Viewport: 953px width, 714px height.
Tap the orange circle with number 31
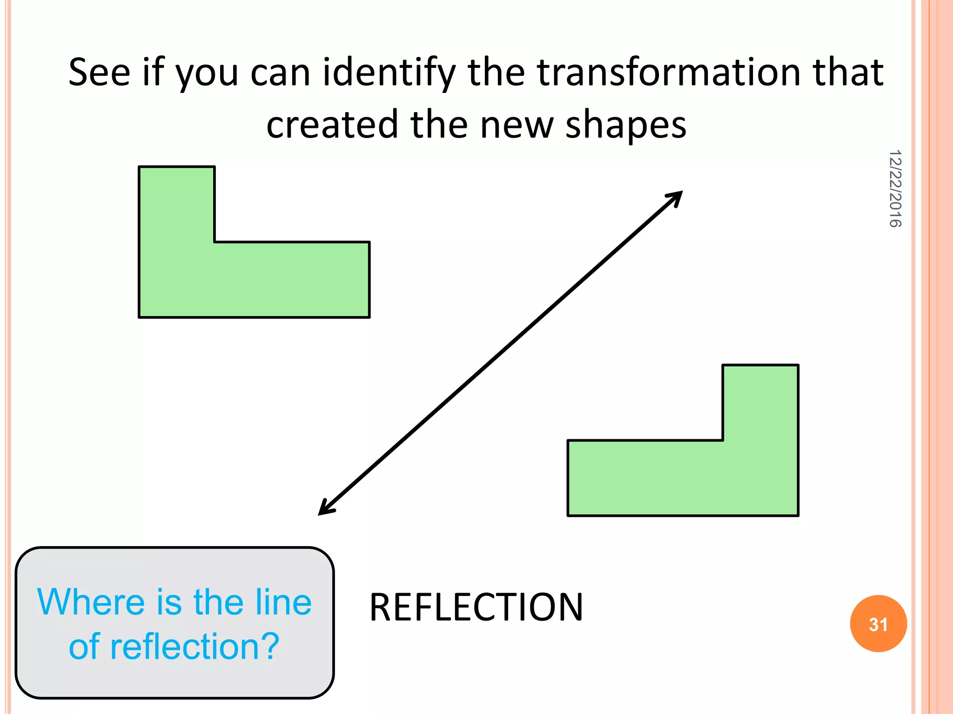coord(878,624)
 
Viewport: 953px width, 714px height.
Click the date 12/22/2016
coord(895,189)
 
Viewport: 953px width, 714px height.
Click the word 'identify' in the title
coord(389,73)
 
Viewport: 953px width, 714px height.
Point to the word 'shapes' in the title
coord(625,126)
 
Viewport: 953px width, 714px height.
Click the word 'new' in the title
coord(517,126)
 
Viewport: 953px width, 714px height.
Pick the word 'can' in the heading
coord(280,73)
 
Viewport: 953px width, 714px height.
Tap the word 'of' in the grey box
coord(84,647)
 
